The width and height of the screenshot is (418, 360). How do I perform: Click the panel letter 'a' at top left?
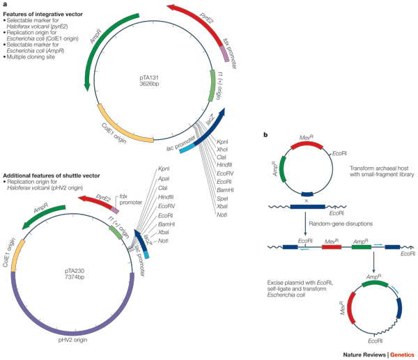click(x=5, y=6)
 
